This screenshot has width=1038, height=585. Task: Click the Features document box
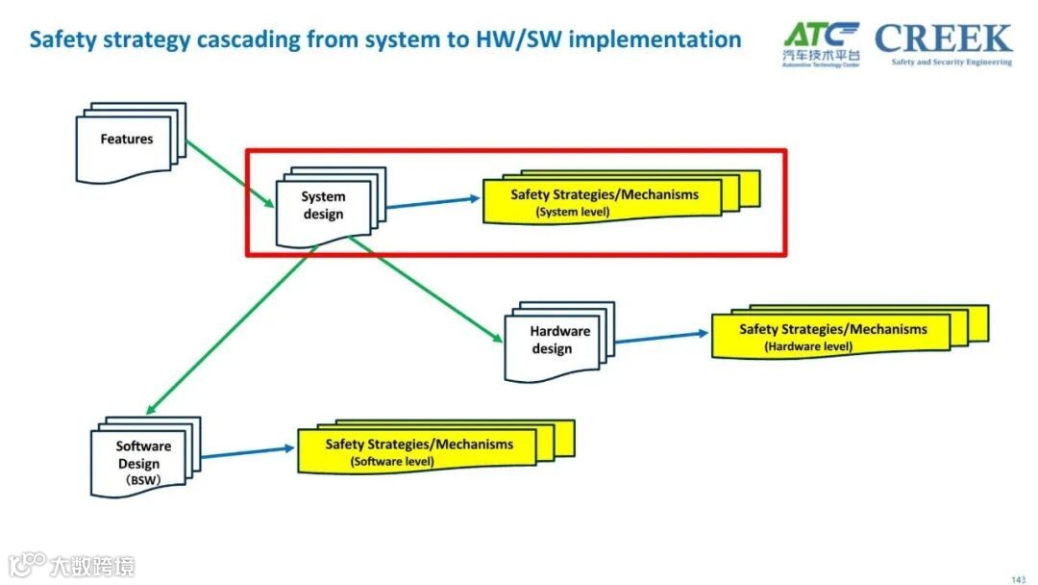pos(127,141)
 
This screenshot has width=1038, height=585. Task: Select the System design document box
pos(324,206)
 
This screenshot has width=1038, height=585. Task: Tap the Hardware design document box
pos(553,341)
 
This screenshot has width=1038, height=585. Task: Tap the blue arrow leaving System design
pos(432,201)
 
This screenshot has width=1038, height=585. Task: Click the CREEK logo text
pos(943,39)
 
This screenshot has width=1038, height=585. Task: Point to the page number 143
pos(1019,578)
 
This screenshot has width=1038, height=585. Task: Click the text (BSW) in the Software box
pos(145,478)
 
